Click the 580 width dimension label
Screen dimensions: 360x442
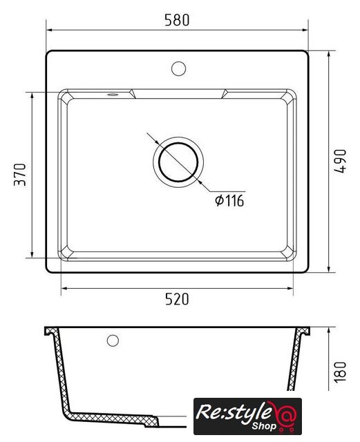(x=177, y=20)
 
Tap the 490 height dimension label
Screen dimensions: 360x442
(x=340, y=161)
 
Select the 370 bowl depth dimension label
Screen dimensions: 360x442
(x=20, y=175)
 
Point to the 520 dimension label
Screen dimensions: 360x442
(x=177, y=299)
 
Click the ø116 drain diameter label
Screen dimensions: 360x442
(x=229, y=201)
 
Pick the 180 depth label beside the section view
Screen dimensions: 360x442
(x=340, y=372)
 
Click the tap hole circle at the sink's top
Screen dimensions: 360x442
(x=178, y=68)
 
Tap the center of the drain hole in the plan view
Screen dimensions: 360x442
(x=178, y=162)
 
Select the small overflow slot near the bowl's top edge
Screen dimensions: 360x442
(x=113, y=95)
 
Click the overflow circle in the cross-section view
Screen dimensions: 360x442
(x=113, y=340)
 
